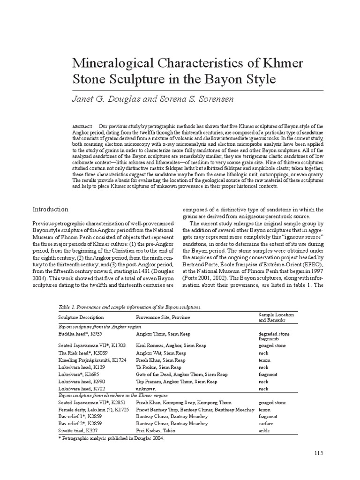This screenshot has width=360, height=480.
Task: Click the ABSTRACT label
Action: (x=82, y=127)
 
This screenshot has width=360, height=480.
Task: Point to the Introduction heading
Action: (x=50, y=209)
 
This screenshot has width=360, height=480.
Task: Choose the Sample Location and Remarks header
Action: (x=276, y=317)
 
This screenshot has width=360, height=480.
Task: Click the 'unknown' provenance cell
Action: (x=145, y=389)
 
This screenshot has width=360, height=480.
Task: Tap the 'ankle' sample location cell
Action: (x=265, y=431)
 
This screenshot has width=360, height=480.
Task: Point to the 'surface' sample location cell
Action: (x=266, y=423)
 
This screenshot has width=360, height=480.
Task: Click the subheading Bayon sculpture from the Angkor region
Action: (x=99, y=325)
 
